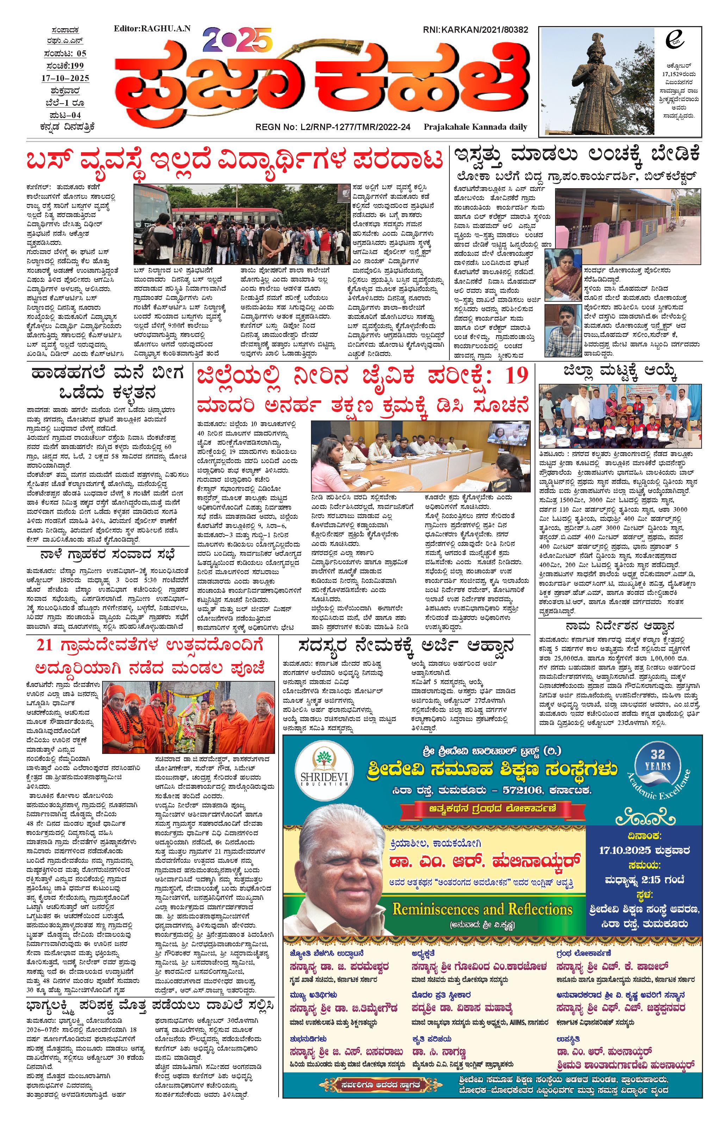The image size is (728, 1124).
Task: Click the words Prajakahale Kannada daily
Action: [x=475, y=127]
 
